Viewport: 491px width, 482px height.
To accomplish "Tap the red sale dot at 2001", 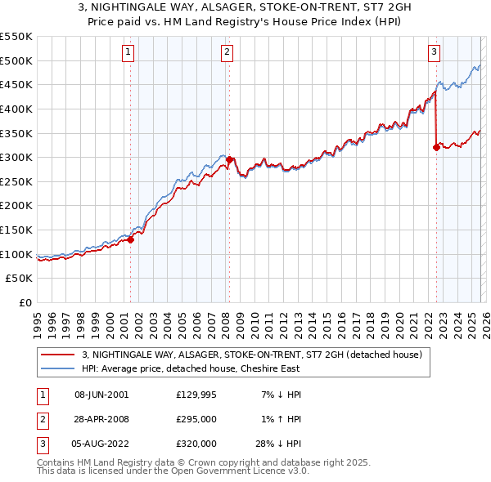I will pyautogui.click(x=130, y=239).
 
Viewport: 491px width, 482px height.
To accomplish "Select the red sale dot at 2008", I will pyautogui.click(x=230, y=159).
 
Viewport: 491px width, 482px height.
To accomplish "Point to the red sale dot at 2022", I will pyautogui.click(x=436, y=147).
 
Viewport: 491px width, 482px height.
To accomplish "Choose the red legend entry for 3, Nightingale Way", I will pyautogui.click(x=251, y=355).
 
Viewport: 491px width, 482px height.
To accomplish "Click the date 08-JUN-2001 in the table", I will pyautogui.click(x=101, y=395).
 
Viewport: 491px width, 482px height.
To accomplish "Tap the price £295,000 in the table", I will pyautogui.click(x=196, y=419).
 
